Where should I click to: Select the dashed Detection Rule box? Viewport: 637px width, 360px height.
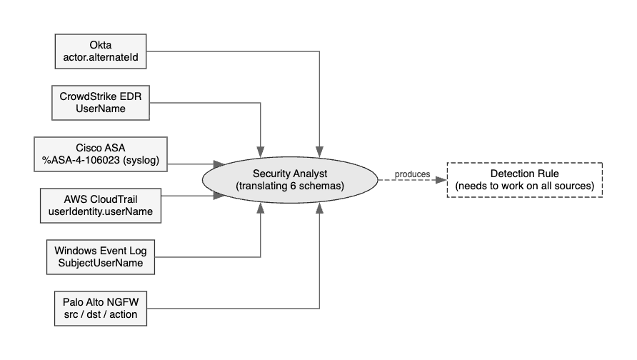point(525,180)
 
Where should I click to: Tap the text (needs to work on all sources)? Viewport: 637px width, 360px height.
point(525,186)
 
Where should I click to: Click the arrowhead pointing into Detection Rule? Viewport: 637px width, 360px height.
point(443,180)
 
